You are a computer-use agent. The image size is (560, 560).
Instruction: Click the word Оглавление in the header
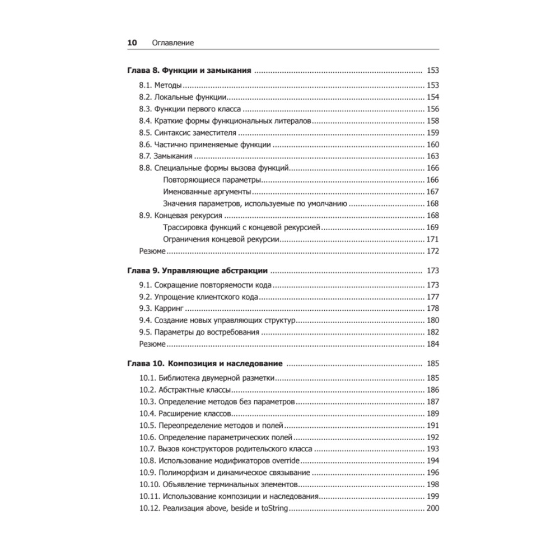coord(169,43)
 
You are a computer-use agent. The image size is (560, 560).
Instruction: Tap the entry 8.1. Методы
coord(160,86)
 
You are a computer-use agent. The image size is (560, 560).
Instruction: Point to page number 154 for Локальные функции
coord(432,97)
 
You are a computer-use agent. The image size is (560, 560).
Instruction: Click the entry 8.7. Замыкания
coord(166,156)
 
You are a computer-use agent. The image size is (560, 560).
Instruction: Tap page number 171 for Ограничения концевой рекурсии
coord(432,239)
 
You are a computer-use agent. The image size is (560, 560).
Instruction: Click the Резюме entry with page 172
coord(152,251)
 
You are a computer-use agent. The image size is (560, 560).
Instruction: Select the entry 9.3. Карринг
coord(162,309)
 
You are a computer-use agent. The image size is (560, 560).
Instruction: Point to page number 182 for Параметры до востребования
coord(432,332)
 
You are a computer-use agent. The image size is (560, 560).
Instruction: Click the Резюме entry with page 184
coord(152,344)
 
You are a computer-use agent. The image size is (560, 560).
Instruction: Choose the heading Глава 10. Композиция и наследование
coord(205,363)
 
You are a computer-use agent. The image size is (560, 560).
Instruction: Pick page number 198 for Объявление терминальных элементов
coord(432,484)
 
